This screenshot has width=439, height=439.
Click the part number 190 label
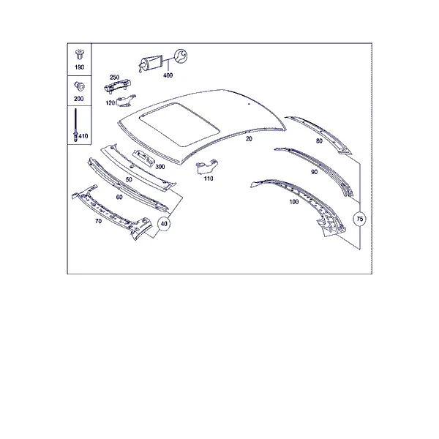coord(79,67)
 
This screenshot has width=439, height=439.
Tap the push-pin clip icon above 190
coord(80,55)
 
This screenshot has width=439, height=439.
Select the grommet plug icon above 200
coord(79,86)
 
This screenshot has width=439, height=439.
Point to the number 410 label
coord(83,136)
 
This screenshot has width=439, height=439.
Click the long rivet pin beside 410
coord(75,125)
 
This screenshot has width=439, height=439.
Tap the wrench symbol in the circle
coord(181,56)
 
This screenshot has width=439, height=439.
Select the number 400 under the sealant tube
coord(168,75)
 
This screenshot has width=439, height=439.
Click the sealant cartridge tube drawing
coord(151,64)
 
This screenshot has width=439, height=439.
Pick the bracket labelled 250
coord(118,85)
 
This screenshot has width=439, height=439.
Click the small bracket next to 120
coord(125,101)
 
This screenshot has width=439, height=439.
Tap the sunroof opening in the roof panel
coord(179,124)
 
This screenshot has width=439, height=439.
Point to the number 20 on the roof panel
coord(249,139)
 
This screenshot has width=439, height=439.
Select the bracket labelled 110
coord(207,166)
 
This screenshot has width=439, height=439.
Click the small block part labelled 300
coord(143,158)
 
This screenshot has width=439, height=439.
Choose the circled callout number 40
coord(164,224)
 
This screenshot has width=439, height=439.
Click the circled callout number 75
coord(360,219)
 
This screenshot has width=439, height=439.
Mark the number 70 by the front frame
coord(98,221)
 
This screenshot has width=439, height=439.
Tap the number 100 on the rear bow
coord(294,202)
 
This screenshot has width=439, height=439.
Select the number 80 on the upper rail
coord(319,141)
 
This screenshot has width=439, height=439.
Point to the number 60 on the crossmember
coord(119,197)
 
